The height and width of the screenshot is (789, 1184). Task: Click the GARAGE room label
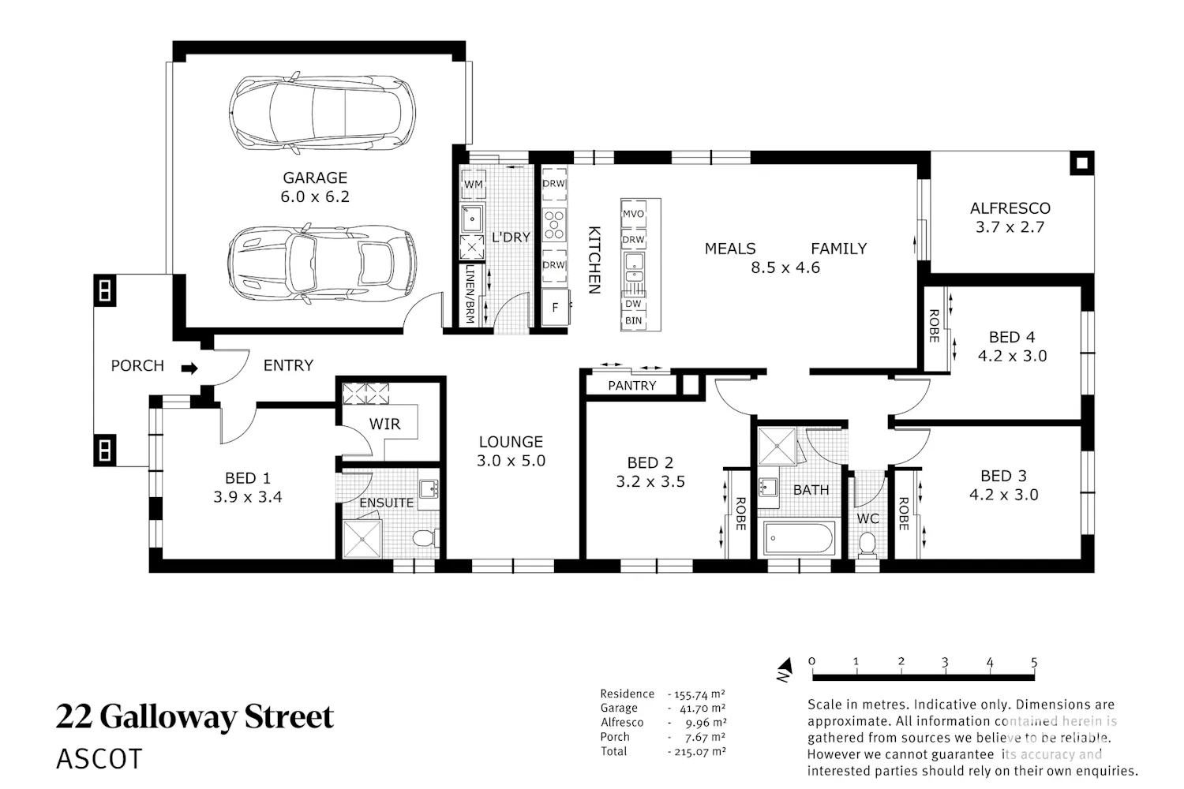point(315,178)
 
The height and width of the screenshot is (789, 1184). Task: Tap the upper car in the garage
point(322,113)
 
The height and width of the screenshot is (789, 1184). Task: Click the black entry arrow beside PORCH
point(189,368)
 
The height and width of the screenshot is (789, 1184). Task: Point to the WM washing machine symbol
point(473,184)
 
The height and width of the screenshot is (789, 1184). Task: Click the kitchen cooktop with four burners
point(554,225)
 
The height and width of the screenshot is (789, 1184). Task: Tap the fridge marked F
point(555,307)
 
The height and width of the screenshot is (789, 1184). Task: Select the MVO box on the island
point(633,214)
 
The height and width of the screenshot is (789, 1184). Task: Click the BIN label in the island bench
point(633,321)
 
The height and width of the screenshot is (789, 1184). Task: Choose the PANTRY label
point(632,386)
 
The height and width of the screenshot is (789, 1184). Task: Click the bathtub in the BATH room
point(799,538)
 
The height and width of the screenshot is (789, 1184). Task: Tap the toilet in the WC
point(867,544)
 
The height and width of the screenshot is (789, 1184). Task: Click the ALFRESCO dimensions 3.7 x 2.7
point(1010,227)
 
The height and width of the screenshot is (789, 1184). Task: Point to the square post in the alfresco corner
point(1082,163)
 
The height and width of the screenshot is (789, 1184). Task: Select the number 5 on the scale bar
point(1034,662)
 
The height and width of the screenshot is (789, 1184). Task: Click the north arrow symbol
point(785,669)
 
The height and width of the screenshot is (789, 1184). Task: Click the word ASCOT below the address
point(99,759)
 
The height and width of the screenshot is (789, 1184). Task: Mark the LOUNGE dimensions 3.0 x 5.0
point(511,461)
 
